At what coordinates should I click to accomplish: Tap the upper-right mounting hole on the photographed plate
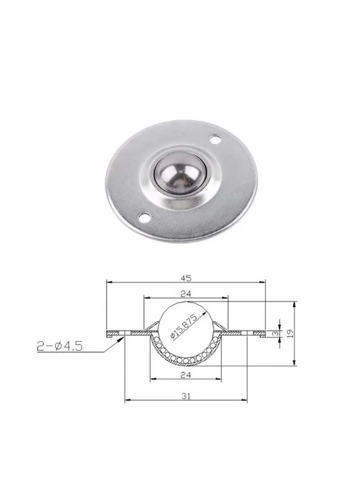(x=215, y=140)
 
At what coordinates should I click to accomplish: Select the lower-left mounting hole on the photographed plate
(x=144, y=217)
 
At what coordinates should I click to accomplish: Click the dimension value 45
(x=186, y=278)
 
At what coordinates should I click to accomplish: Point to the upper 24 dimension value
(x=186, y=294)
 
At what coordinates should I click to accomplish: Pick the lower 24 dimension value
(x=186, y=375)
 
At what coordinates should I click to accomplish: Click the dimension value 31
(x=186, y=396)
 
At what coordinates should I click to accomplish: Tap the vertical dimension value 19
(x=290, y=333)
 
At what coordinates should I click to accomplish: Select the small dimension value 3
(x=276, y=333)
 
